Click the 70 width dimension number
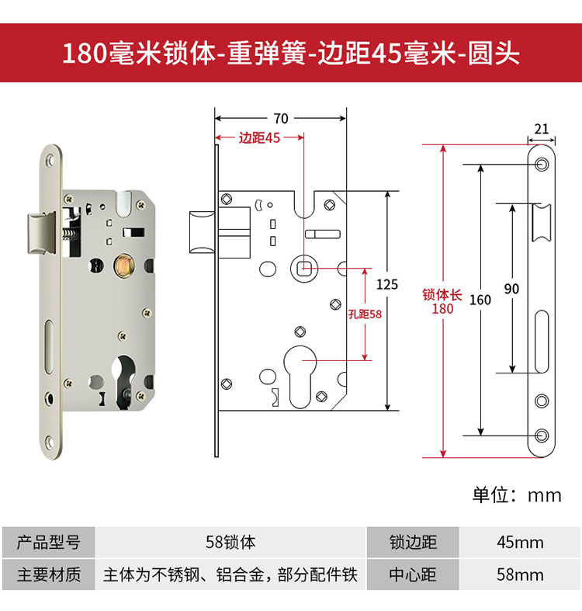tap(280, 119)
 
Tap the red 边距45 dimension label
tap(259, 138)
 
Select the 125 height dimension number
tap(386, 285)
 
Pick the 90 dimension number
tap(511, 289)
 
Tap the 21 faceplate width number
tap(542, 129)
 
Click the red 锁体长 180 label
tap(442, 301)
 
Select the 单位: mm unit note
tap(517, 495)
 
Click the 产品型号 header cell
tap(48, 541)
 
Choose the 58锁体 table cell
tap(230, 541)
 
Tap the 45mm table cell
tap(520, 541)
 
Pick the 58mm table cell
tap(520, 575)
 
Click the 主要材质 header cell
tap(48, 575)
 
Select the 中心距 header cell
tap(413, 575)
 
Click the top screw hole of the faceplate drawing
tap(541, 164)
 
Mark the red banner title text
tap(291, 54)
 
